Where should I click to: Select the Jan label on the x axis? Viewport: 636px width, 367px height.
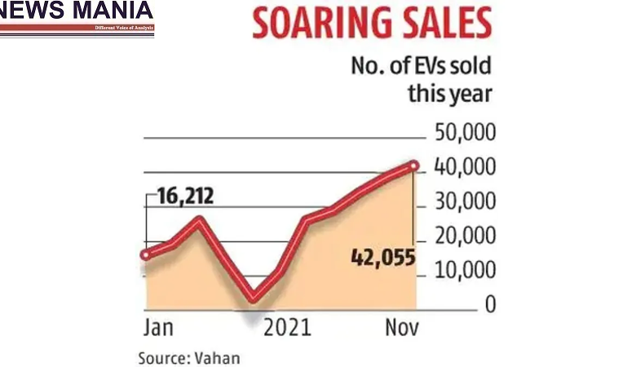[x=158, y=328]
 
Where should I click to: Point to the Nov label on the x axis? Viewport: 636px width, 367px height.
[x=400, y=328]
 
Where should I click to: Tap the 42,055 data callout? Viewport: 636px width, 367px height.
[x=382, y=258]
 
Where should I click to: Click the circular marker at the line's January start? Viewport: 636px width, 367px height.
[x=146, y=254]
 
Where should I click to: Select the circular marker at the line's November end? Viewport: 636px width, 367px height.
[x=414, y=166]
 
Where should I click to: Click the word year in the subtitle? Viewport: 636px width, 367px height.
[x=469, y=94]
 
